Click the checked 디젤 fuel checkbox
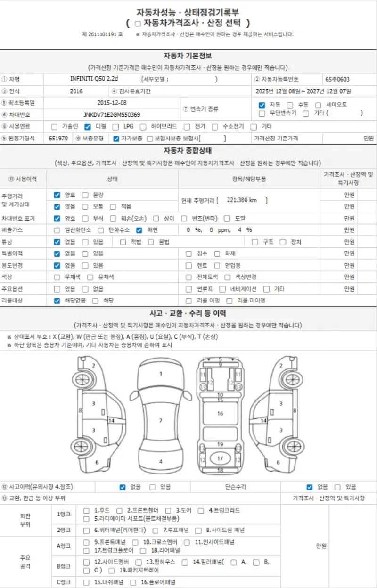[88, 127]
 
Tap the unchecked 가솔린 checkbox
[54, 127]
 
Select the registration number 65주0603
[337, 79]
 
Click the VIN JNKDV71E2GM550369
[112, 114]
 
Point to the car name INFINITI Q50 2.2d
[94, 79]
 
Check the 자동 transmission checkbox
[262, 105]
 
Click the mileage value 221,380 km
[242, 200]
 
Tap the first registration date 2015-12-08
[112, 103]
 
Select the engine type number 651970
[58, 139]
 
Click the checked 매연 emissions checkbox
[139, 230]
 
